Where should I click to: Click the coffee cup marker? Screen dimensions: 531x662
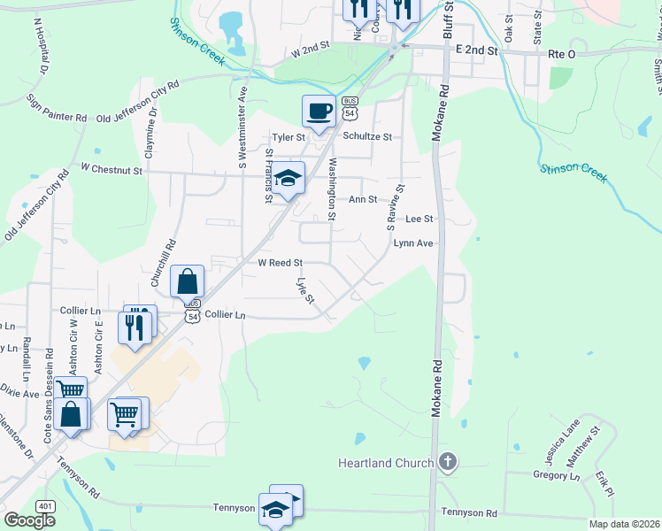pyautogui.click(x=319, y=112)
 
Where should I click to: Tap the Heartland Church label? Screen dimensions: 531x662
pyautogui.click(x=386, y=463)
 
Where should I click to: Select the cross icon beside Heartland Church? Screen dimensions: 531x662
pyautogui.click(x=449, y=461)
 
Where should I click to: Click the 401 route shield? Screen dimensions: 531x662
pyautogui.click(x=45, y=505)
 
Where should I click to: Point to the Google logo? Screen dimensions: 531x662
pyautogui.click(x=29, y=519)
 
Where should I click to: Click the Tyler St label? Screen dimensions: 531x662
pyautogui.click(x=289, y=137)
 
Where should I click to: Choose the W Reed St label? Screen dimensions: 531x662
pyautogui.click(x=281, y=263)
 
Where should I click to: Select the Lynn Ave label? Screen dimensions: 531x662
pyautogui.click(x=413, y=242)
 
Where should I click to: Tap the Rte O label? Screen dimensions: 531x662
pyautogui.click(x=562, y=54)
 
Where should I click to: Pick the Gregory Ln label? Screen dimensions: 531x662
pyautogui.click(x=557, y=475)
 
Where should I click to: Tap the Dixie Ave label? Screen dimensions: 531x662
pyautogui.click(x=19, y=391)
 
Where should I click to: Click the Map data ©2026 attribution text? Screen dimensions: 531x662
pyautogui.click(x=625, y=524)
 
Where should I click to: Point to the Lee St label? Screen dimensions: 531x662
pyautogui.click(x=419, y=219)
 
